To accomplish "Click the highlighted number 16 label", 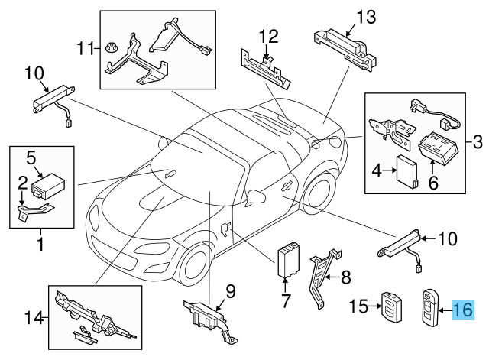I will (463, 310).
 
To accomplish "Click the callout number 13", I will (368, 16).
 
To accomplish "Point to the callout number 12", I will (269, 37).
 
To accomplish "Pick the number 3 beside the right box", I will (478, 141).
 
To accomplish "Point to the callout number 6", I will (432, 183).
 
